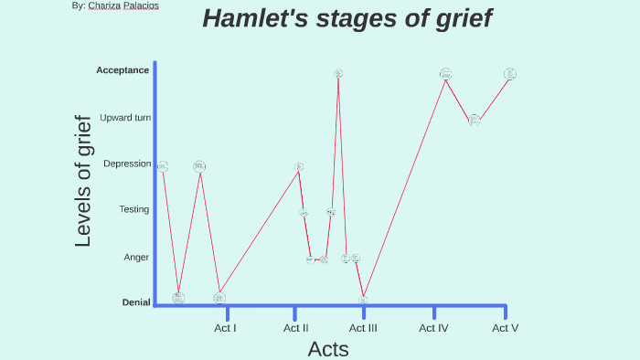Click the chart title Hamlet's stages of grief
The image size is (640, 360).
point(347,18)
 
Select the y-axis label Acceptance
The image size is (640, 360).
point(123,70)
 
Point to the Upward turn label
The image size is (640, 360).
point(125,118)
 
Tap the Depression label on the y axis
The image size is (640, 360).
point(127,164)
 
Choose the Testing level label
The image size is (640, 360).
point(133,209)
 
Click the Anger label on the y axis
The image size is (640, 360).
point(136,258)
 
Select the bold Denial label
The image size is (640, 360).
point(135,302)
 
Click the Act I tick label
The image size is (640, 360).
point(226,328)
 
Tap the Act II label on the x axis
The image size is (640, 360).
point(295,328)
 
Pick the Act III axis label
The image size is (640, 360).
point(363,328)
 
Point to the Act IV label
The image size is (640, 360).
point(433,328)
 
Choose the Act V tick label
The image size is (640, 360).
point(505,328)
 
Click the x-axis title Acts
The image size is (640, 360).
point(327,349)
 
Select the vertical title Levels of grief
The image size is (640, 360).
point(83,181)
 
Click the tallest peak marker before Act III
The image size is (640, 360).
point(338,73)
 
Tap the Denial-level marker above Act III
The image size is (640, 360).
point(363,299)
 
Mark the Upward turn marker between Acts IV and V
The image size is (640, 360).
point(475,120)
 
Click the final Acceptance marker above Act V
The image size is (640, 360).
point(510,74)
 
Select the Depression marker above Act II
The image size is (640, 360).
point(299,167)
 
